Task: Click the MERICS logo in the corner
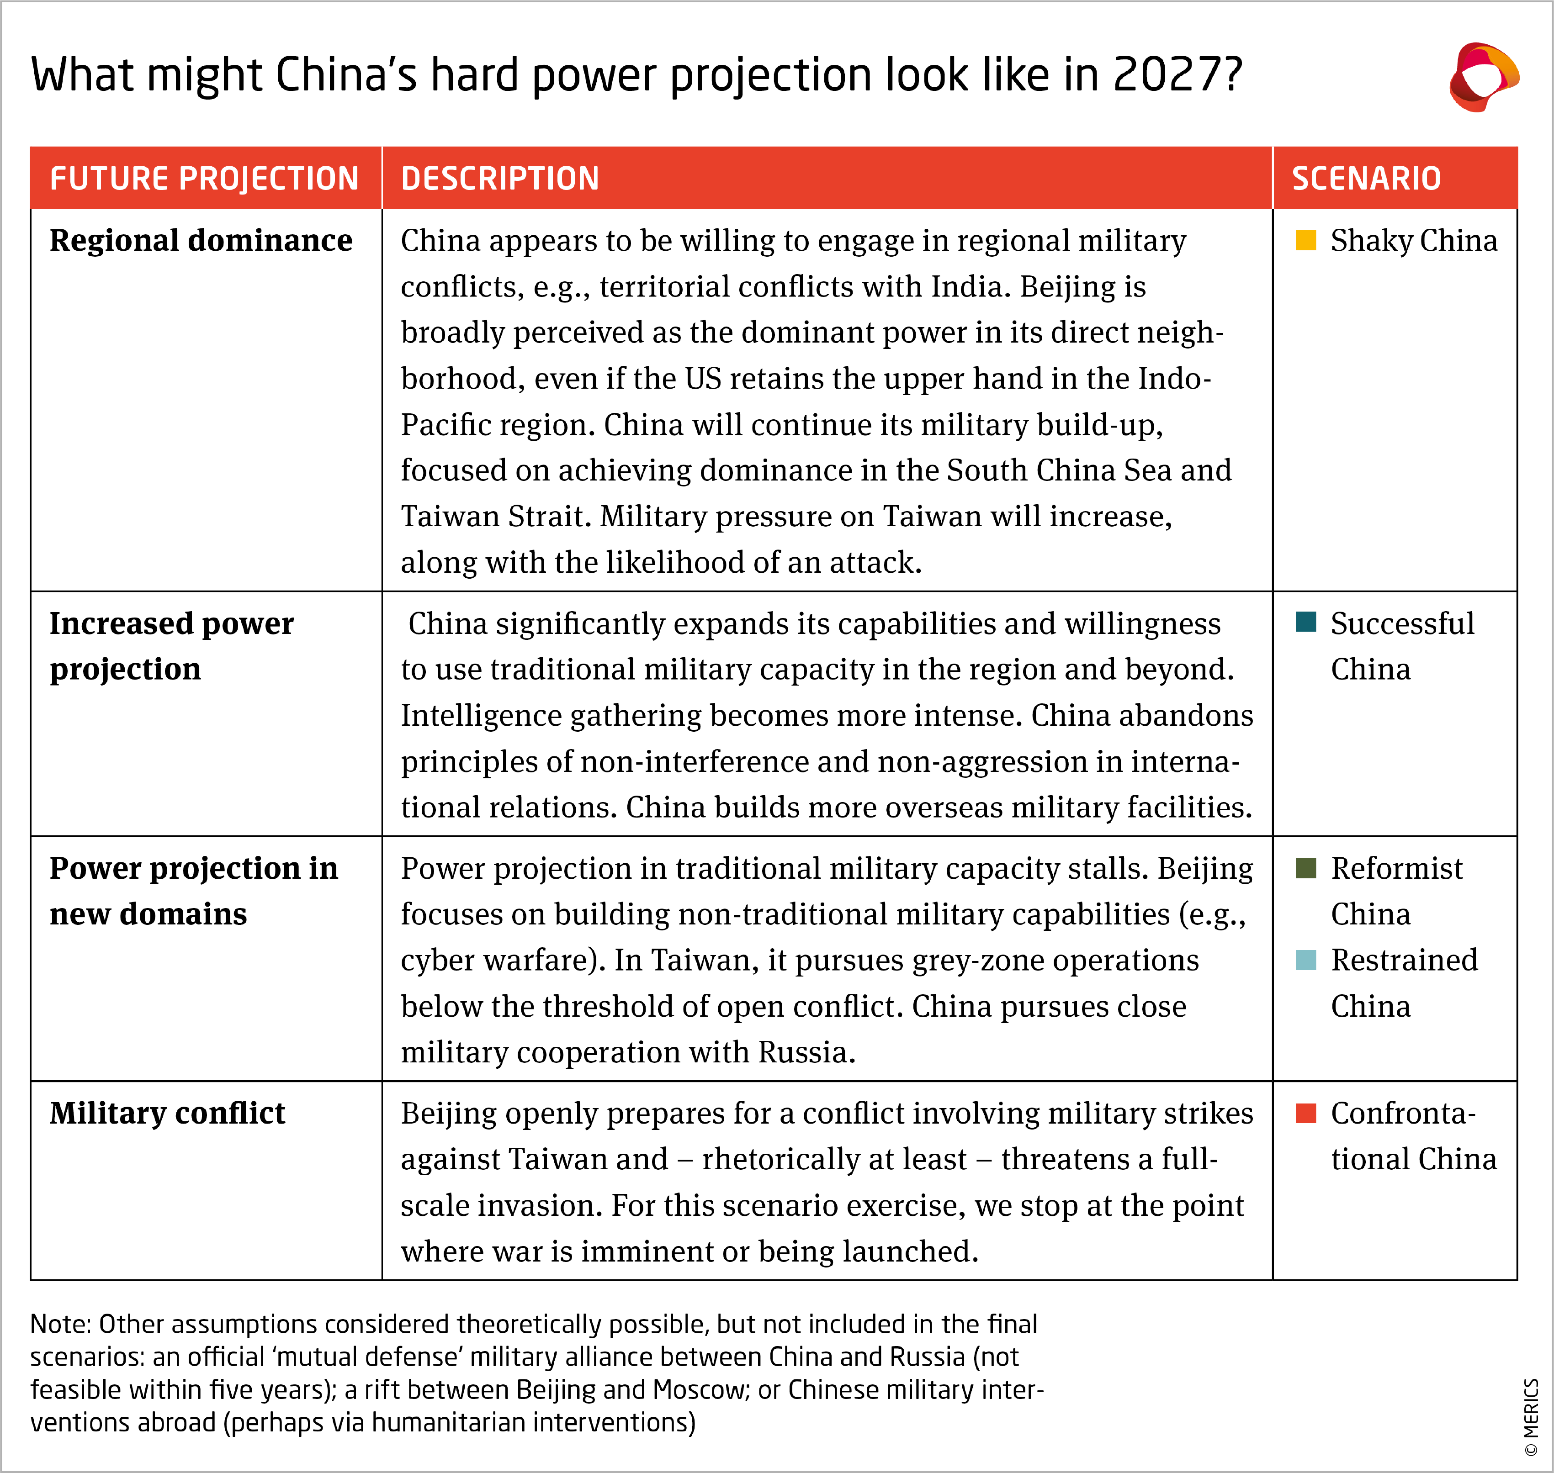tap(1483, 77)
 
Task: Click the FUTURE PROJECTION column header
tap(204, 178)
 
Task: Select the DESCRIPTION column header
tap(500, 178)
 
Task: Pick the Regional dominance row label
tap(201, 240)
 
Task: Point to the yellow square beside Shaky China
tap(1306, 240)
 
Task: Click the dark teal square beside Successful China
tap(1306, 622)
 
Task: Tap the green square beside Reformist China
tap(1306, 868)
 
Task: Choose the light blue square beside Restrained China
tap(1306, 960)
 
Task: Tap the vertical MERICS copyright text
tap(1530, 1417)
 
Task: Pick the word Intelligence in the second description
tap(480, 715)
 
